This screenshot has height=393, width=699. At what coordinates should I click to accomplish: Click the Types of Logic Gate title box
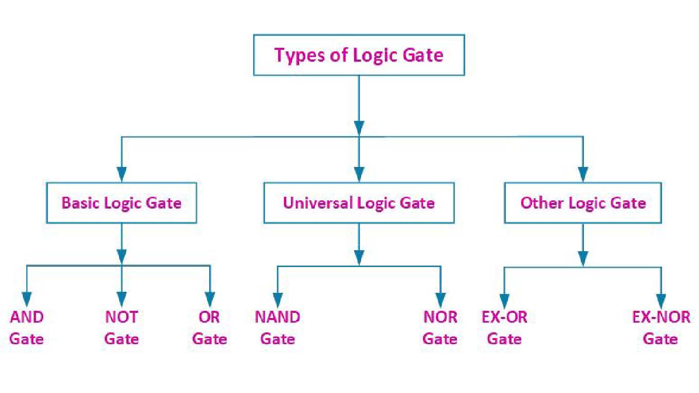pyautogui.click(x=359, y=54)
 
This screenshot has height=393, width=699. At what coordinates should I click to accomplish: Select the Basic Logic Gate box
pyautogui.click(x=121, y=202)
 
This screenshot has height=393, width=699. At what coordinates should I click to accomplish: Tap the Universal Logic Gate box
pyautogui.click(x=359, y=202)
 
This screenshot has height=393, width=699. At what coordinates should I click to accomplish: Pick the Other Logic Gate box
pyautogui.click(x=583, y=202)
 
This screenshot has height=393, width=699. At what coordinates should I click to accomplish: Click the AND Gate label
pyautogui.click(x=27, y=328)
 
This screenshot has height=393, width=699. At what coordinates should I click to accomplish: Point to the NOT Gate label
pyautogui.click(x=121, y=328)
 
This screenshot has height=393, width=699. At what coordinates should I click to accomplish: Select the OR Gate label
pyautogui.click(x=209, y=328)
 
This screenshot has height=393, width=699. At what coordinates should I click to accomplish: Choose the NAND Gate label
pyautogui.click(x=278, y=328)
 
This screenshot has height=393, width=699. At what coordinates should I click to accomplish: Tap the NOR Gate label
pyautogui.click(x=440, y=328)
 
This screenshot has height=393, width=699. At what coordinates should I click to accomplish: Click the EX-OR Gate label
pyautogui.click(x=504, y=328)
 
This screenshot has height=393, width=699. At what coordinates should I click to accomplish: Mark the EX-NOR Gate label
pyautogui.click(x=661, y=328)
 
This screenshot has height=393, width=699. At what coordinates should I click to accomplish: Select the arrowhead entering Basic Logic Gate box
pyautogui.click(x=121, y=174)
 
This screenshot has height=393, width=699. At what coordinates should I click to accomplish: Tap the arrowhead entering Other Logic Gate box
pyautogui.click(x=583, y=174)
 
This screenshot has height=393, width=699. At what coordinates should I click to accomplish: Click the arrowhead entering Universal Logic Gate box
pyautogui.click(x=359, y=174)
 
